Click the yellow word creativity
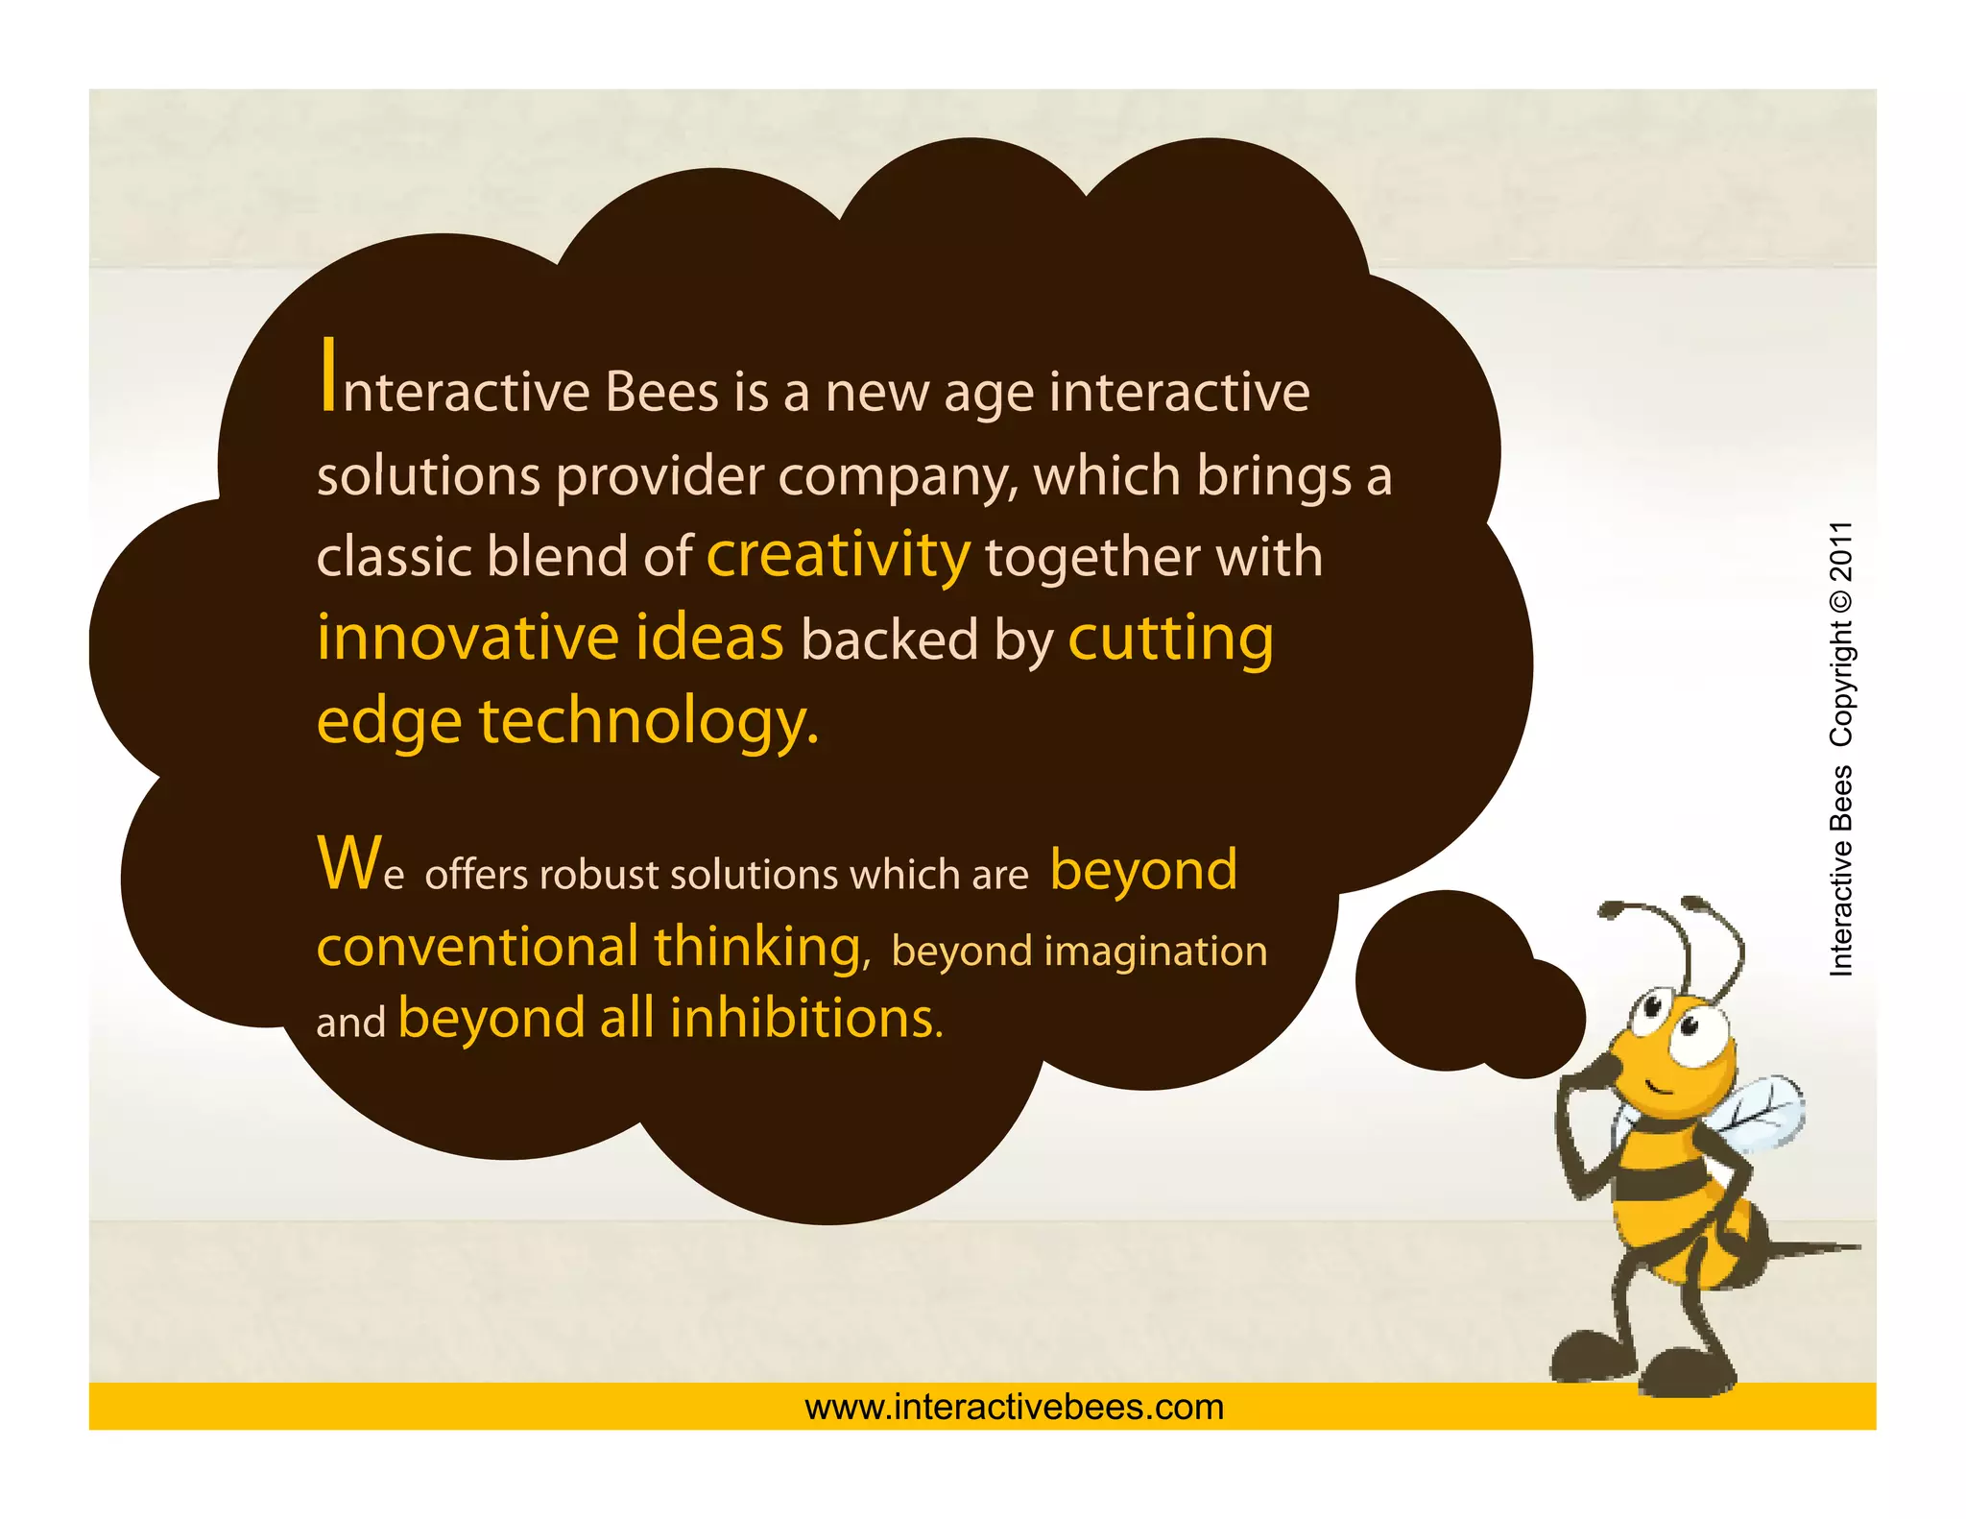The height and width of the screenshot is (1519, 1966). click(838, 557)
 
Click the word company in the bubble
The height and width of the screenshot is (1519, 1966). click(898, 477)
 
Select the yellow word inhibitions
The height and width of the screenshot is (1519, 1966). click(805, 1018)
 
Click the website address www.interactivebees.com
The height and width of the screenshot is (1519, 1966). click(1015, 1407)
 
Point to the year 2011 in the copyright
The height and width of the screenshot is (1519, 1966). click(1840, 552)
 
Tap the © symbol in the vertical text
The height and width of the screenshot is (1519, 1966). click(1840, 601)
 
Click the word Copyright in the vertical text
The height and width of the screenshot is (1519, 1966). click(1840, 683)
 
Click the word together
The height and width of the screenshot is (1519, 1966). click(1092, 559)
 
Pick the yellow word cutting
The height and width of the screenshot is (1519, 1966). click(1170, 639)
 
